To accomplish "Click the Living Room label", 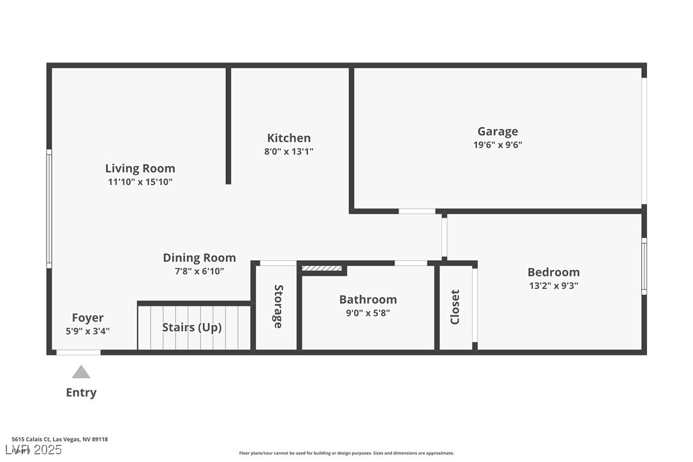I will coord(140,168).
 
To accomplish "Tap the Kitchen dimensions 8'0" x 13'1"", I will coord(289,152).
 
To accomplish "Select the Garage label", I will coord(498,131).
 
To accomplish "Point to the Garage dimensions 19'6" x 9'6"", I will coord(498,145).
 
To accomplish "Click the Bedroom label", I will coord(553,272).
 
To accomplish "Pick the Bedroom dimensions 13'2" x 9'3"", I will coord(553,287).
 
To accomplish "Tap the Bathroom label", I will coord(368,299).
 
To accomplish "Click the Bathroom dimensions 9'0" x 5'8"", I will coord(368,313).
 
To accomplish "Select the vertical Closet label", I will coord(455,307).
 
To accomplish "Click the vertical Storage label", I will coord(278,307).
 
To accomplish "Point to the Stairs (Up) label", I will coord(191,327).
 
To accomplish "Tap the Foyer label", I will coord(87,318).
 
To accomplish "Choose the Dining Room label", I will coord(199,258).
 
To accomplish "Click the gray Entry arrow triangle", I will coord(81,372).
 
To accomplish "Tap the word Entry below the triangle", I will coord(81,392).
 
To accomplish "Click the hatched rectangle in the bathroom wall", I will coord(322,269).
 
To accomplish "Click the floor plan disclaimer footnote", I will coord(346,453).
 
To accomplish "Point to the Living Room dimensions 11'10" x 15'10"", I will coord(140,182).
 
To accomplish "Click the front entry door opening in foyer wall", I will coord(78,352).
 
